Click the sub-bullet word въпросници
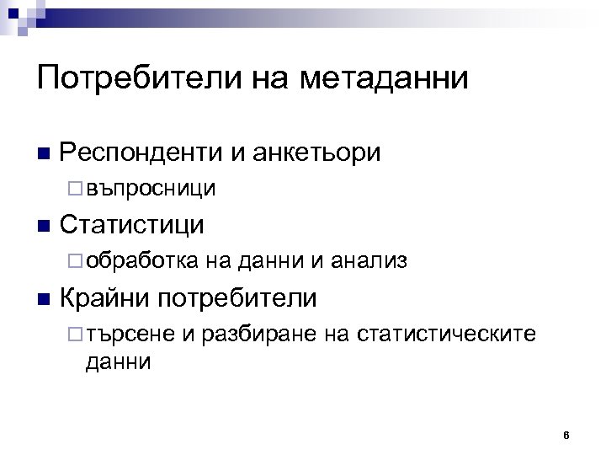pyautogui.click(x=151, y=188)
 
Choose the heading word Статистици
pyautogui.click(x=133, y=225)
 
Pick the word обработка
pyautogui.click(x=142, y=261)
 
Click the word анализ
pyautogui.click(x=369, y=261)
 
